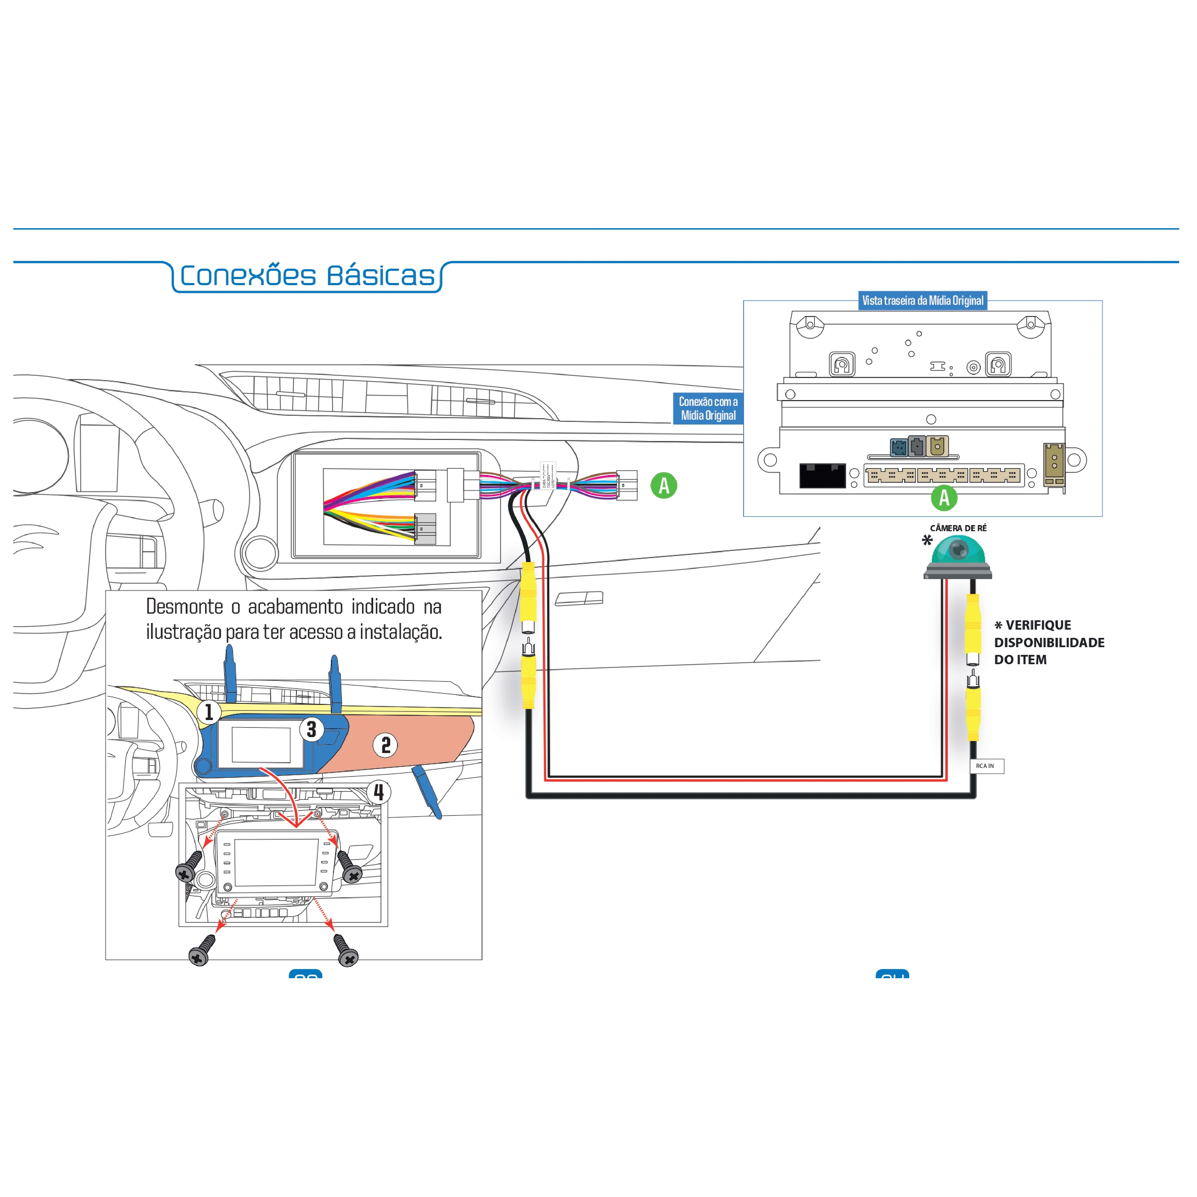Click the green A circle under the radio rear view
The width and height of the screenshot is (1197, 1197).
944,497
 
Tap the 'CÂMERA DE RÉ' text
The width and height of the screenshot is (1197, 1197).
958,528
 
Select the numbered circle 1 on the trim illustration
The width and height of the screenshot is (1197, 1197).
209,712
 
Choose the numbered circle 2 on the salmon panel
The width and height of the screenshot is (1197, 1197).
385,745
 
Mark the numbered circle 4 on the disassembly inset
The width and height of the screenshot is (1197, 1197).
379,792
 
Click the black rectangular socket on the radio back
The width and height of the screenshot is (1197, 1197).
822,475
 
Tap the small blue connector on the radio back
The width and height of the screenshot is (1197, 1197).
898,447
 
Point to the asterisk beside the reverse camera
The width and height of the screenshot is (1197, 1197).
927,540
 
